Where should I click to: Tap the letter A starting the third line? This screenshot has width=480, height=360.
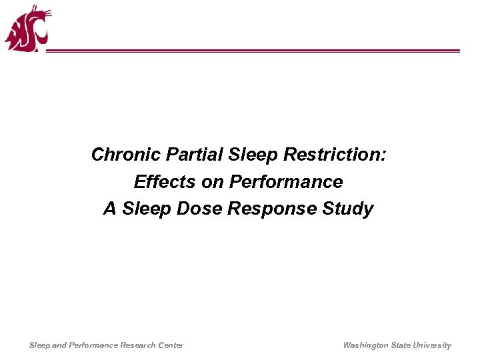point(109,209)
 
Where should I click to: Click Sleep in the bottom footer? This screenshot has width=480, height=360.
point(39,345)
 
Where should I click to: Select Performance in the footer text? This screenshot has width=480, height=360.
point(92,345)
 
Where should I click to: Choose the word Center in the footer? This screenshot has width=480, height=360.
point(171,345)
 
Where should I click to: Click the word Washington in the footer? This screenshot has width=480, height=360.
point(366,345)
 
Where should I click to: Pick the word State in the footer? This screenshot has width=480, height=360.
point(402,345)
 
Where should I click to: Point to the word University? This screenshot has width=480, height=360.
point(433,345)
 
